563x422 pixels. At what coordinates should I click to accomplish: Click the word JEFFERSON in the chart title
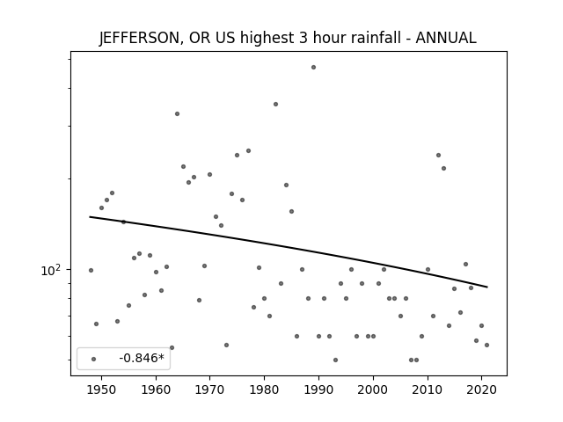139,38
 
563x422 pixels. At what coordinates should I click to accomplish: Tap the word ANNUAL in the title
446,38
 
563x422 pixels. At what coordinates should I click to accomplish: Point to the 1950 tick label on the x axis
101,389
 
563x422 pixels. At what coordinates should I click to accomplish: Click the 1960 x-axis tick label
156,389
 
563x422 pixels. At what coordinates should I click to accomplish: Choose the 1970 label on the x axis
209,389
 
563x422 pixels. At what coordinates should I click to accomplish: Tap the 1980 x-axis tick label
264,389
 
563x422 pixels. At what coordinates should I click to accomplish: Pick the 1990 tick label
318,389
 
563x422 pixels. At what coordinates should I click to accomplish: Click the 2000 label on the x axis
373,389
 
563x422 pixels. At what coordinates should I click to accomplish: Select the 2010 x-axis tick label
428,389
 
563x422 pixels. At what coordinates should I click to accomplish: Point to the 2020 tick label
481,389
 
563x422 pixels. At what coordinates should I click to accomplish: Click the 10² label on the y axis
51,270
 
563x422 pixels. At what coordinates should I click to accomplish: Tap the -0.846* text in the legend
142,358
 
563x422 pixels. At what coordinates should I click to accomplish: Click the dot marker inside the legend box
94,359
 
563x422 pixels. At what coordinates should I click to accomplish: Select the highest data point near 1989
313,67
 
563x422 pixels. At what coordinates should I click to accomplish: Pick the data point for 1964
177,113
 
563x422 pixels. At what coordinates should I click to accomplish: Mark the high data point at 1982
275,104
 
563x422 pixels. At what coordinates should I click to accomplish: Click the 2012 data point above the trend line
438,155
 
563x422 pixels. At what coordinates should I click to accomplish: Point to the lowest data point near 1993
335,360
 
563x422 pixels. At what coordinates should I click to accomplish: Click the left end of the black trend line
90,217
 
